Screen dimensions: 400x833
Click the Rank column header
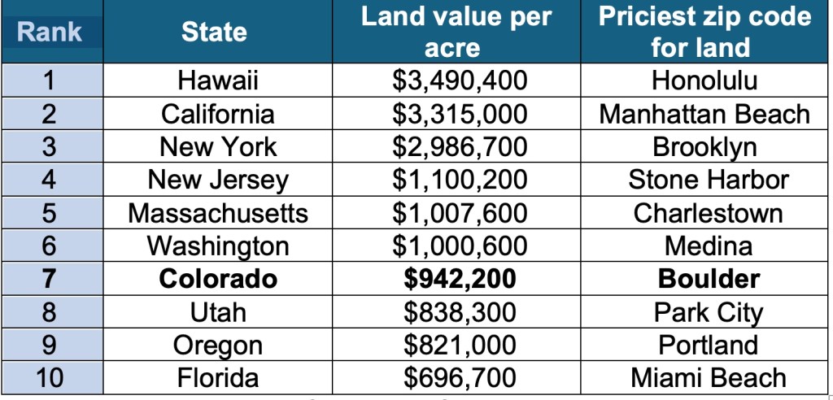click(x=50, y=33)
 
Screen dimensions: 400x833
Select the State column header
click(x=214, y=33)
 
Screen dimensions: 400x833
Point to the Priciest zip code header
click(x=705, y=33)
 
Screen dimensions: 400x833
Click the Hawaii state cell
click(x=218, y=80)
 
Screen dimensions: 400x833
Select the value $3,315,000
click(x=460, y=114)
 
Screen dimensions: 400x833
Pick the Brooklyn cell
click(x=705, y=147)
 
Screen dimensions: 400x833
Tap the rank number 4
click(x=50, y=180)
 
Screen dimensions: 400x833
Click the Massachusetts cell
click(x=218, y=213)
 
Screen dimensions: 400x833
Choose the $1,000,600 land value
click(x=460, y=246)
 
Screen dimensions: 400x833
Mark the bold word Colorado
click(x=218, y=279)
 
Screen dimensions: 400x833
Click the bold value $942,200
click(x=460, y=279)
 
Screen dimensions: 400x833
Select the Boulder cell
click(x=709, y=279)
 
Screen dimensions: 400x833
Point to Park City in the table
click(x=709, y=312)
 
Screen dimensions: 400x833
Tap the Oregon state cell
click(x=218, y=345)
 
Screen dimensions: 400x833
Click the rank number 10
click(x=50, y=378)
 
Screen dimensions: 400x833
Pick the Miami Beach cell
click(x=709, y=378)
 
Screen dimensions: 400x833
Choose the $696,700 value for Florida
click(x=460, y=378)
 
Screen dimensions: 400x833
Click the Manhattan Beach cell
click(x=705, y=114)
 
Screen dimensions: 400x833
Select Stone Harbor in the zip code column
click(x=709, y=180)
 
